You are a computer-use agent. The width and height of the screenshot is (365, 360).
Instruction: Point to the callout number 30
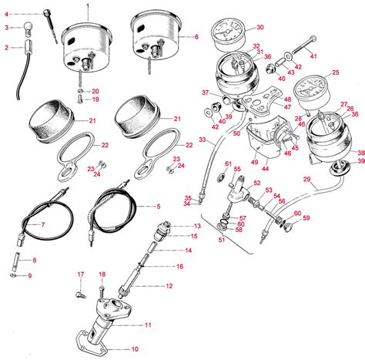[259, 27]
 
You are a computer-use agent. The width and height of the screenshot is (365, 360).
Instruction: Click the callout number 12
[169, 286]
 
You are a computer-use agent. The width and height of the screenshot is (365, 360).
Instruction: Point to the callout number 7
[43, 224]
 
